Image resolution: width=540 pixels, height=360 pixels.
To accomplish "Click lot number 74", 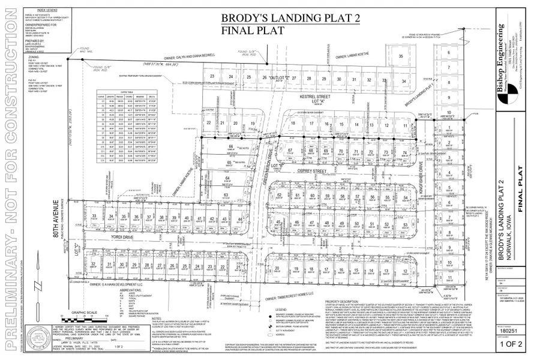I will (404, 154).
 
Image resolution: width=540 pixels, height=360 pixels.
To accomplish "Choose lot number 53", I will (406, 224).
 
